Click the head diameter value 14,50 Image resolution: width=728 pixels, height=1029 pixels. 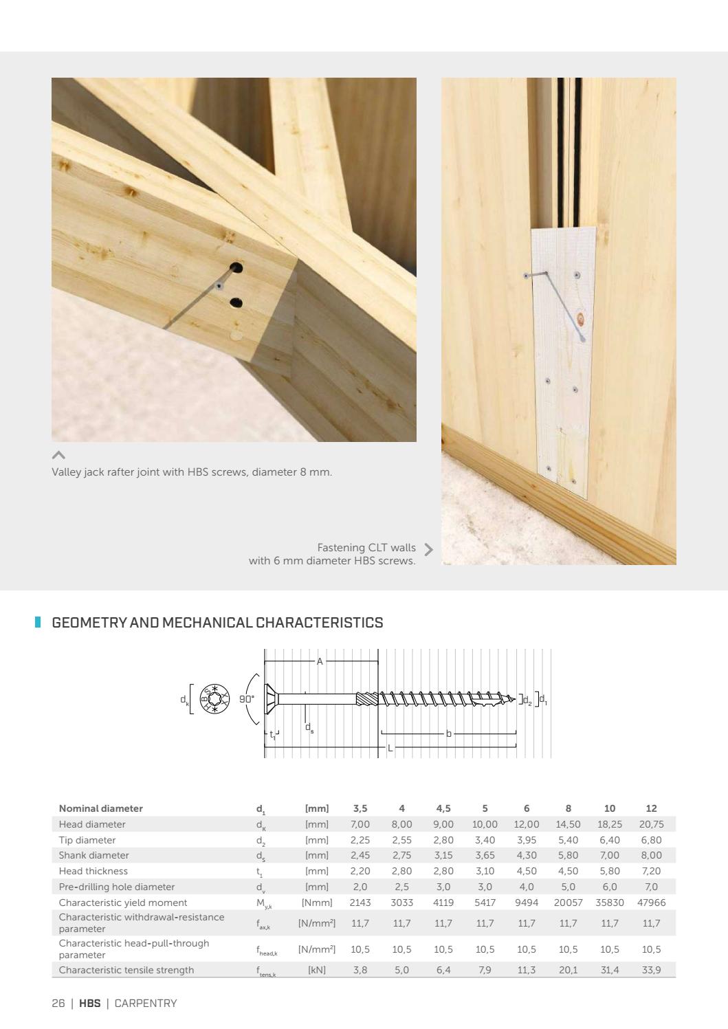[568, 824]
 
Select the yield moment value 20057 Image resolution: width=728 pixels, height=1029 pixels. [568, 903]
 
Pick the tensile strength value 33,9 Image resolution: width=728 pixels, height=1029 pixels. [651, 970]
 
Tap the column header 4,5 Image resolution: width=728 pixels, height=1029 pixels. [443, 808]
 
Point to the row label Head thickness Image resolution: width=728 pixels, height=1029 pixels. [93, 871]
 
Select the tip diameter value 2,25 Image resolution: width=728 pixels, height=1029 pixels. [360, 840]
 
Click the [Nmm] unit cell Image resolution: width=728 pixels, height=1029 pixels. [317, 903]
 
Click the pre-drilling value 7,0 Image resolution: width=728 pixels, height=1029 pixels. [651, 887]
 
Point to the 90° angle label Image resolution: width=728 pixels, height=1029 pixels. [246, 698]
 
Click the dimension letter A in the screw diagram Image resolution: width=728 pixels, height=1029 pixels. [320, 661]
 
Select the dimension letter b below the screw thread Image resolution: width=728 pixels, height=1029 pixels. [449, 733]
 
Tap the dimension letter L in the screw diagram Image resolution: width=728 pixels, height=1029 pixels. [390, 747]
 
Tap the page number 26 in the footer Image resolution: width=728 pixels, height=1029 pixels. [58, 1004]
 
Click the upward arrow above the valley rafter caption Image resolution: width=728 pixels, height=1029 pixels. [59, 455]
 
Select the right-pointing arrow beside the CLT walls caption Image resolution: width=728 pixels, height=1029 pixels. [429, 549]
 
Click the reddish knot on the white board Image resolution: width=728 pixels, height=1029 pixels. [582, 318]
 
